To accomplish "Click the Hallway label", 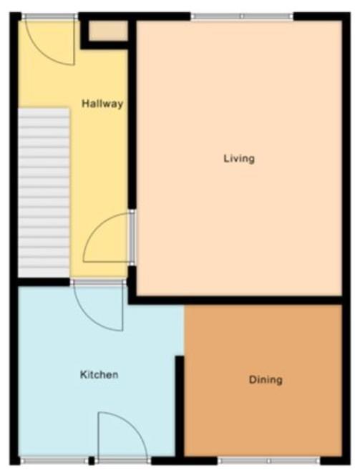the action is click(x=102, y=104).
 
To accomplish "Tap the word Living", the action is click(x=239, y=158).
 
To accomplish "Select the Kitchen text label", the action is click(x=99, y=375).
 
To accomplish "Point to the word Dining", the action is click(x=266, y=379).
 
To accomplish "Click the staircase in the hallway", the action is click(x=44, y=192).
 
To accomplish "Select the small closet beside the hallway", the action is click(x=108, y=31).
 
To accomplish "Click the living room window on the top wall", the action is click(x=242, y=16).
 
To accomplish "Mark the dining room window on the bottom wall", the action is click(x=269, y=461).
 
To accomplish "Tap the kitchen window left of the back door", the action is click(x=54, y=461).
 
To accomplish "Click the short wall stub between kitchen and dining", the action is click(x=180, y=406).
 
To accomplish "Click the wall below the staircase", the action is click(x=44, y=282).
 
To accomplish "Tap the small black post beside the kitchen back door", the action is click(x=92, y=461).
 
